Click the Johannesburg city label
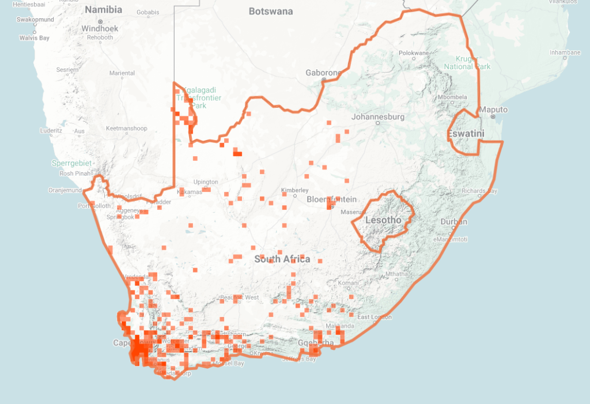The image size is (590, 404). point(378,117)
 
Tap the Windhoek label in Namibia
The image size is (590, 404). point(100,28)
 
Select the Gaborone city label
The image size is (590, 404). point(324,73)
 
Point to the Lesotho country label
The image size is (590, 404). point(383,220)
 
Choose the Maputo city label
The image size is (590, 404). point(494,110)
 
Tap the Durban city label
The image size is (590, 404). point(454,222)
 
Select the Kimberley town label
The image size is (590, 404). point(294,190)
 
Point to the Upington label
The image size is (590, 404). point(206,182)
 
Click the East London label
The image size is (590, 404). point(375,317)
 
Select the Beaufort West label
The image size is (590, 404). point(239,297)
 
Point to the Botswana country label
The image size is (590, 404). point(271,12)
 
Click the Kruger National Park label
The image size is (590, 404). point(467,62)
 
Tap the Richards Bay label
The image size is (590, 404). point(479,191)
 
